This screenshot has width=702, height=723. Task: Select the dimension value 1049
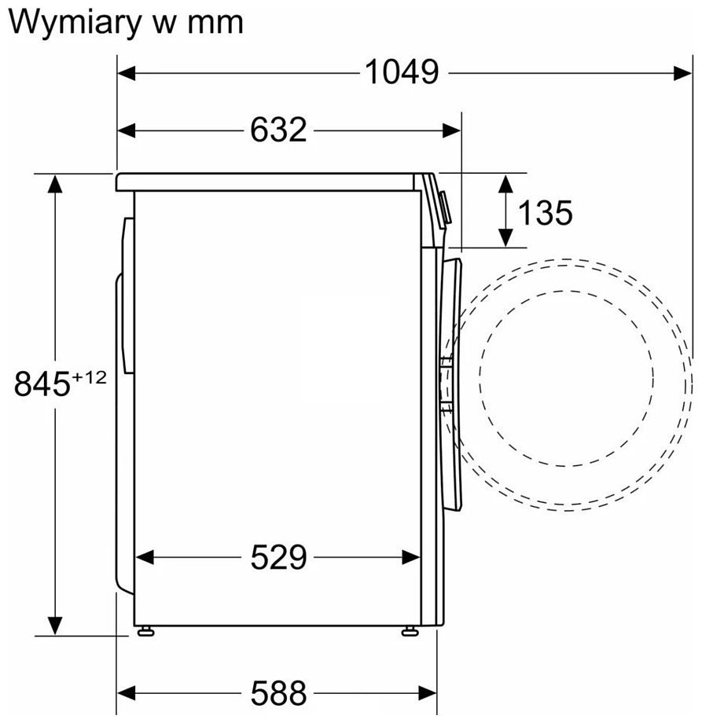coord(402,72)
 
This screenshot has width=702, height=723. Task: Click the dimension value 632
coord(278,130)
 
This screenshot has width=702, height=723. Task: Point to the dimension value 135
coord(546,212)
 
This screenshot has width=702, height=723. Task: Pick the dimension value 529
coord(278,557)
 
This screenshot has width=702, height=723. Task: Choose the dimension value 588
coord(278,692)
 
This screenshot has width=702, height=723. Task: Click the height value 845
coord(42,384)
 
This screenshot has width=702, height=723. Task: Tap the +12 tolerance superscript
coord(90,378)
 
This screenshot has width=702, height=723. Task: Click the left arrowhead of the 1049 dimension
coord(127,73)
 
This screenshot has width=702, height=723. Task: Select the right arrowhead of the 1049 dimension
coord(682,73)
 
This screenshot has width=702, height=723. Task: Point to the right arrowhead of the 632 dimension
coord(451,130)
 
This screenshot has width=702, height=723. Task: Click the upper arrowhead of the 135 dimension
coord(506,184)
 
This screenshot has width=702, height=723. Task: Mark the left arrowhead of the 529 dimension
coord(145,557)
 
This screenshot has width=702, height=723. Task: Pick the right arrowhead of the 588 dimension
coord(427,692)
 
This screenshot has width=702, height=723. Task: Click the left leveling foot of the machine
coord(145,631)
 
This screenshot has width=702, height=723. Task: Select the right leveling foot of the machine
coord(410,631)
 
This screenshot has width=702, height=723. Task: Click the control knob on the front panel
coord(445,208)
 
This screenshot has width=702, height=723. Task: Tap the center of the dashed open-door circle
coord(566,378)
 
